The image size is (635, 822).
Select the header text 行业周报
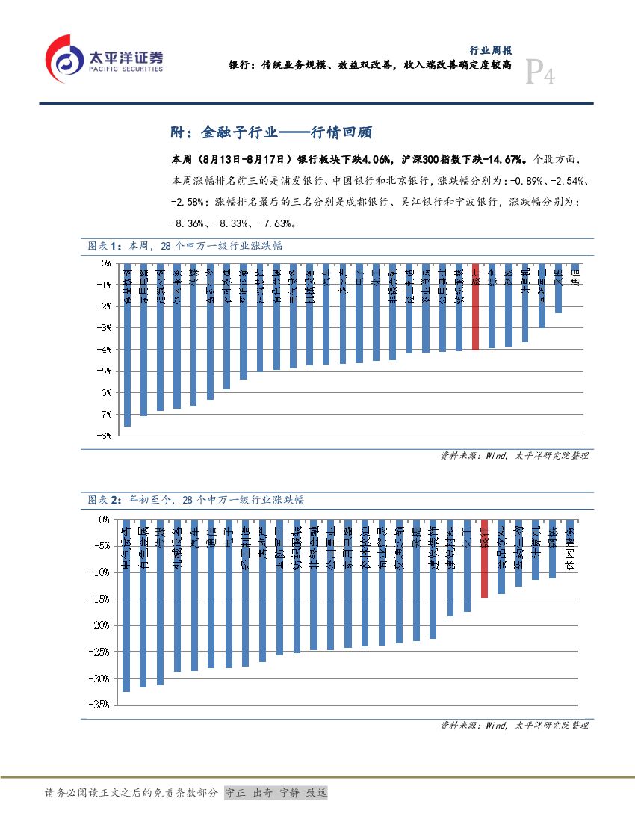click(490, 51)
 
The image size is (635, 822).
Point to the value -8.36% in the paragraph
click(190, 223)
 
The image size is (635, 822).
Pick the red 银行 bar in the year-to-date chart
click(484, 560)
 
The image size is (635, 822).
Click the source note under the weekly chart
click(514, 455)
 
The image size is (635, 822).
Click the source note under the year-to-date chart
click(514, 725)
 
